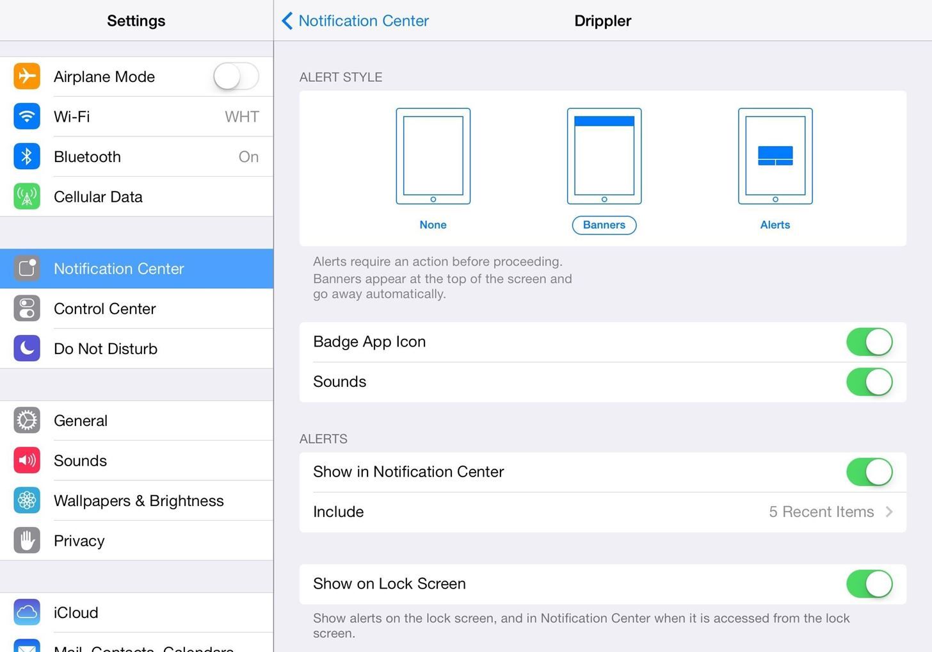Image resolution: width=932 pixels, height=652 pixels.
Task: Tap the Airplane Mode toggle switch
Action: [236, 77]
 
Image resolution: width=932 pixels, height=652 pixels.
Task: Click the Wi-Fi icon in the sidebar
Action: [27, 117]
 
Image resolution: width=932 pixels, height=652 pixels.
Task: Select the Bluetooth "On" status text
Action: [248, 157]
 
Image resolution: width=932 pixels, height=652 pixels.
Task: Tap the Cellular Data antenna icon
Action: [27, 197]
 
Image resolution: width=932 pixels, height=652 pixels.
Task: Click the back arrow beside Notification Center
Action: [287, 21]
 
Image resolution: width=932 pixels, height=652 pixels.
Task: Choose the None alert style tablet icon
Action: [433, 156]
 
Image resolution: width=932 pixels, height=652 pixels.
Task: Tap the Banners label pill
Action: [604, 225]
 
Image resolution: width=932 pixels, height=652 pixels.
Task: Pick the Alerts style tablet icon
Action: [775, 156]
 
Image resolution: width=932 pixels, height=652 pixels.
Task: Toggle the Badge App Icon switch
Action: [869, 342]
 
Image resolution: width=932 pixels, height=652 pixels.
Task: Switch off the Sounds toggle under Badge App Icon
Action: [869, 382]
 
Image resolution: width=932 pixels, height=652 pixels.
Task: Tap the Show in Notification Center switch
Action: [869, 472]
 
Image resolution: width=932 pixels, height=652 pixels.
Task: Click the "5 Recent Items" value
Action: [821, 512]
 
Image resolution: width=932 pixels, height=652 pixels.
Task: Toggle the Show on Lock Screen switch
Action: [869, 584]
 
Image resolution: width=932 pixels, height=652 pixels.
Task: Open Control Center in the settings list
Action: [105, 309]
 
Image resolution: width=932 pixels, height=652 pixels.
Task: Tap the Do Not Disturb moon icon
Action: [27, 348]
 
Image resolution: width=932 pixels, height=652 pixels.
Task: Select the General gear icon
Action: [27, 421]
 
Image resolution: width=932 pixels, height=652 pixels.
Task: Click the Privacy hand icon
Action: [27, 541]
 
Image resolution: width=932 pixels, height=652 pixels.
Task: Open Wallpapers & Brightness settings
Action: [139, 501]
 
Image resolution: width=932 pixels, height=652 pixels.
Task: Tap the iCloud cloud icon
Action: [27, 612]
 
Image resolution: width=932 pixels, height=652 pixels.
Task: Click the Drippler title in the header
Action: [602, 21]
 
